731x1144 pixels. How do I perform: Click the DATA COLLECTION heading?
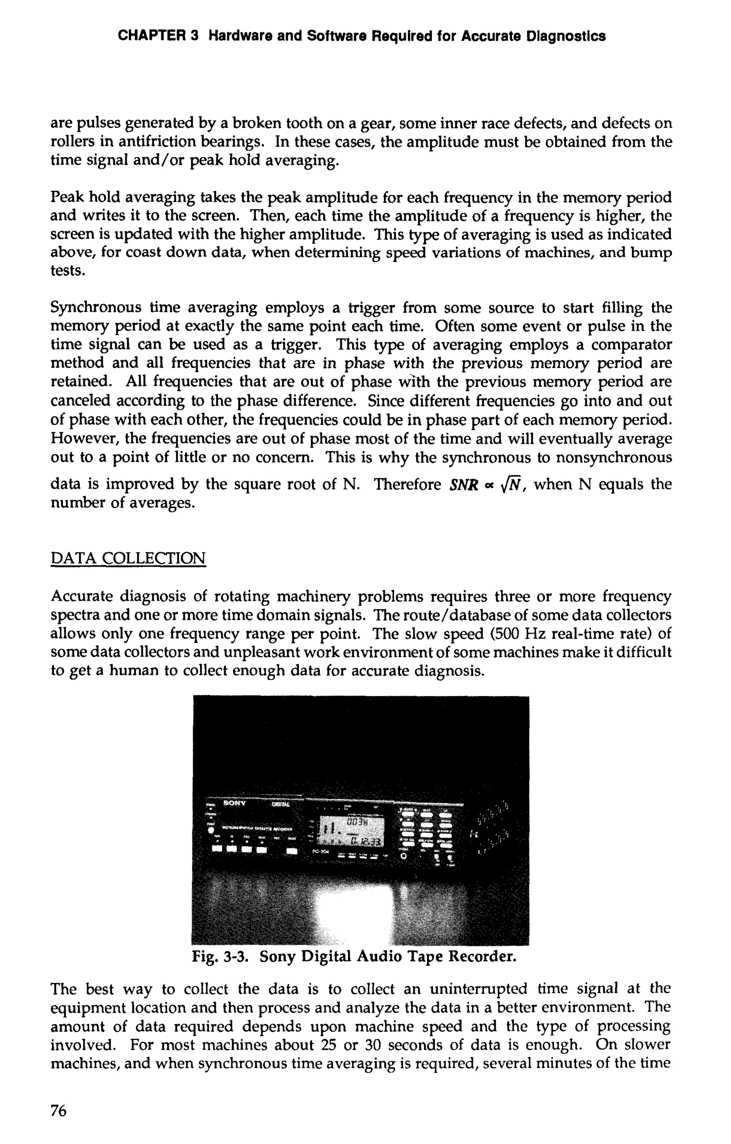click(x=128, y=558)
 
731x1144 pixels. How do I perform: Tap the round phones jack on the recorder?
click(x=404, y=856)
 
